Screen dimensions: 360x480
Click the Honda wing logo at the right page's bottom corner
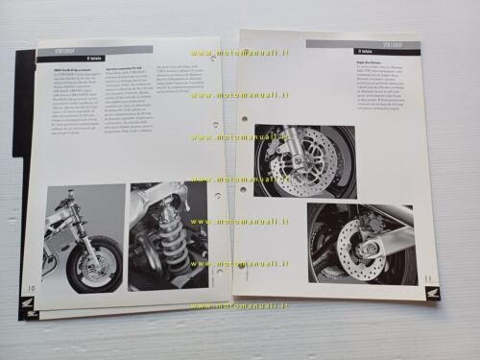click(x=433, y=293)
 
